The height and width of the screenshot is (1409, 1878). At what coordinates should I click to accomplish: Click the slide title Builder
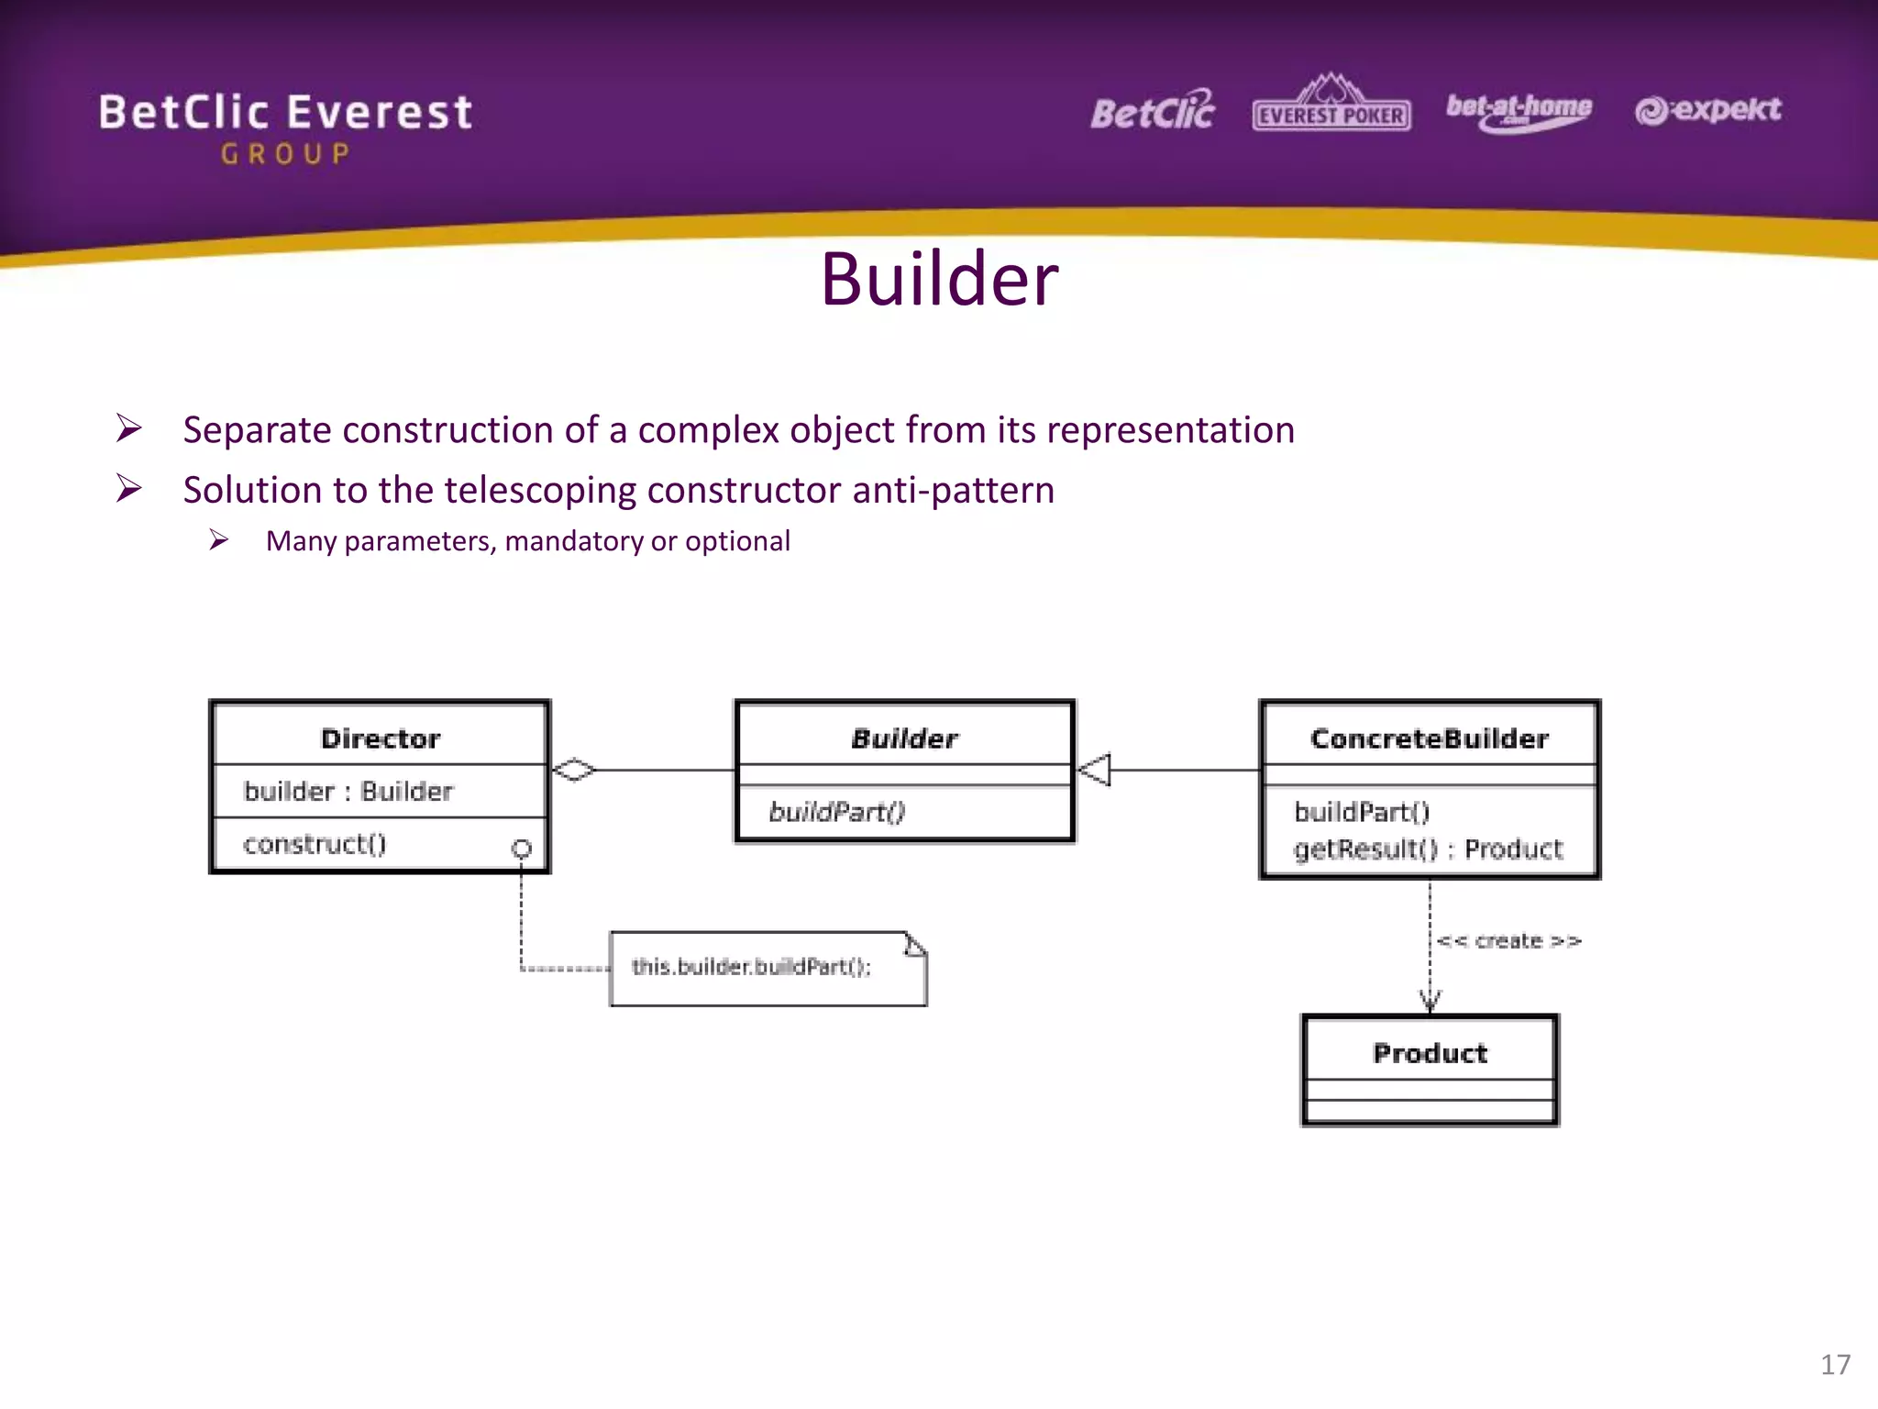click(939, 279)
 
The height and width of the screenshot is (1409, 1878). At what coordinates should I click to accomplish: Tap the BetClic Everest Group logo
click(285, 127)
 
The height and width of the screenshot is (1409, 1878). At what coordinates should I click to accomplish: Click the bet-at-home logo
click(1519, 111)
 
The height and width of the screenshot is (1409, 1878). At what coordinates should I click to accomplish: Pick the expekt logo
click(1707, 110)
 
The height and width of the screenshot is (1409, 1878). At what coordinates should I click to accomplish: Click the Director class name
click(381, 738)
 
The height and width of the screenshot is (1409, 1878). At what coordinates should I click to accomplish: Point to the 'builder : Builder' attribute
click(348, 791)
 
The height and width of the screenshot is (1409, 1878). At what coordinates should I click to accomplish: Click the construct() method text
click(315, 844)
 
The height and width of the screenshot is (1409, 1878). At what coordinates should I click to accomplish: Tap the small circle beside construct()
click(521, 849)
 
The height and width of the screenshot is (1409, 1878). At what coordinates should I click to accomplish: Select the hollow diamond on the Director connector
click(574, 770)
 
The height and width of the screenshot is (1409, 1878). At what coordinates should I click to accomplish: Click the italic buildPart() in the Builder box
click(836, 812)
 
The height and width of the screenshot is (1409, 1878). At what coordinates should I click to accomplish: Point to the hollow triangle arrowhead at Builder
click(1094, 770)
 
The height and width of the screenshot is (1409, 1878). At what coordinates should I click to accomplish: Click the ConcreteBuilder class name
click(1430, 738)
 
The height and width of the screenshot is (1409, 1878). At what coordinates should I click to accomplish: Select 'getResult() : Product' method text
click(1428, 849)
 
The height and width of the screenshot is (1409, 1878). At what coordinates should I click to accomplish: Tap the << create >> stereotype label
click(1508, 941)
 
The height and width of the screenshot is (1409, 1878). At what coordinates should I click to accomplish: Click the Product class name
click(1430, 1053)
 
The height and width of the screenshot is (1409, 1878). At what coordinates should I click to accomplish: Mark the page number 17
click(1835, 1364)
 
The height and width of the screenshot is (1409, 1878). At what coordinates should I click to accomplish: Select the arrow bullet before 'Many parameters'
click(218, 540)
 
